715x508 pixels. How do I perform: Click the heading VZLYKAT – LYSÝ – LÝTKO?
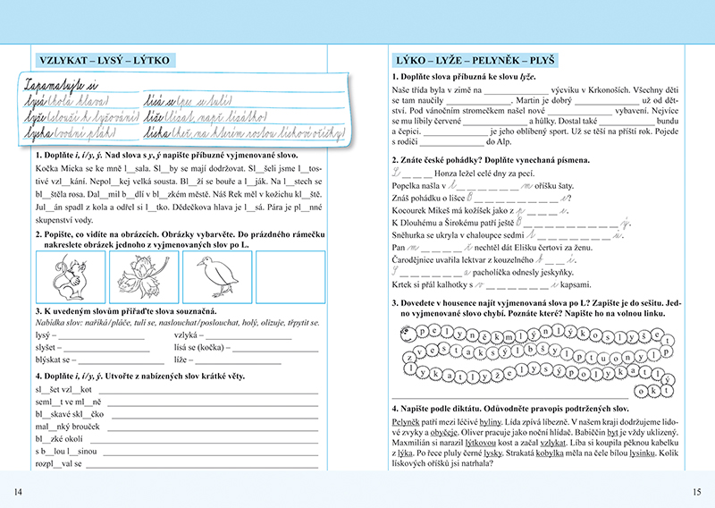click(104, 61)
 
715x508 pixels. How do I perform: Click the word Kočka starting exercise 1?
click(51, 167)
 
